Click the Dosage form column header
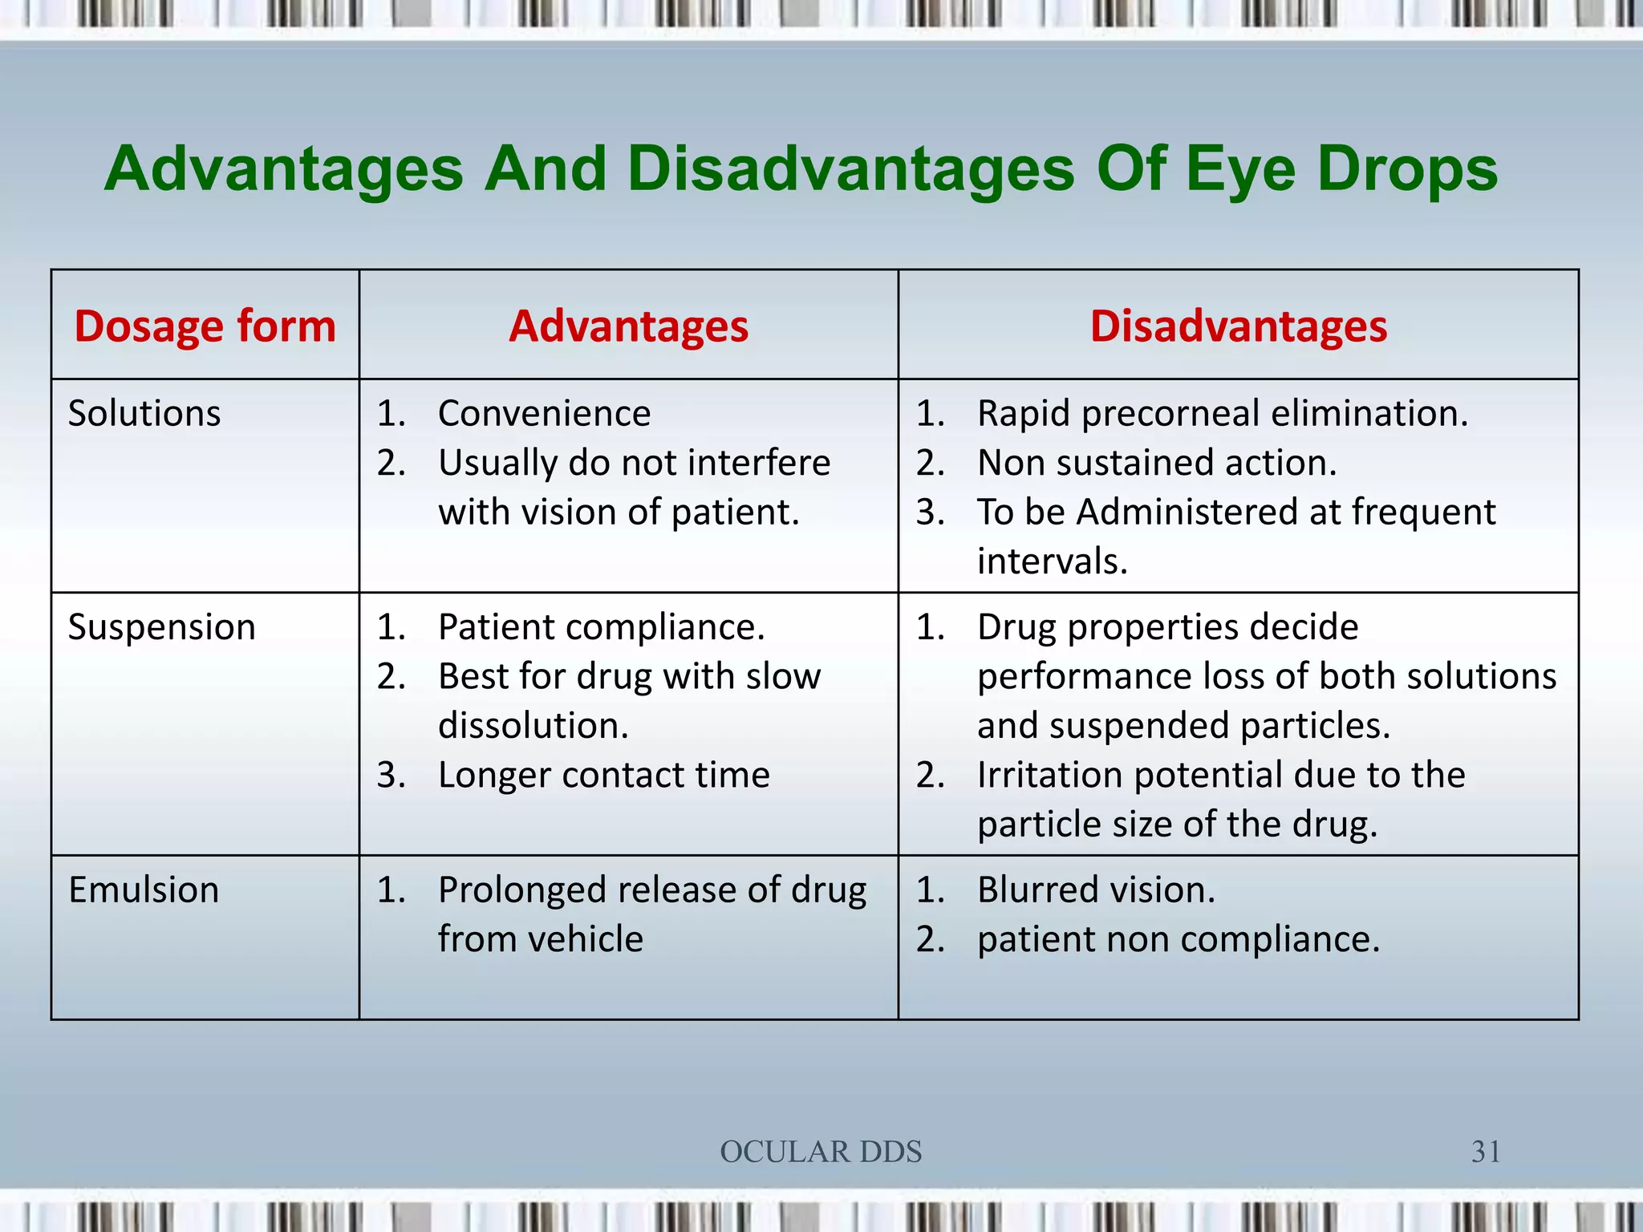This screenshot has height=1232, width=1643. coord(205,326)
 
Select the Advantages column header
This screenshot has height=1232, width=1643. coord(628,326)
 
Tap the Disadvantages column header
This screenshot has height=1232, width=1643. coord(1238,326)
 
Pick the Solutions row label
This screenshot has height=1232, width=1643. coord(144,414)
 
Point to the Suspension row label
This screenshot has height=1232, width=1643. coord(161,627)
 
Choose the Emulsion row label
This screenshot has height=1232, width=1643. coord(144,890)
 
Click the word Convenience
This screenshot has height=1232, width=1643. coord(544,414)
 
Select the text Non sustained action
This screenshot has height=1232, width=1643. coord(1156,464)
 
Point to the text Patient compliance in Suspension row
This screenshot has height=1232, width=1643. coord(601,627)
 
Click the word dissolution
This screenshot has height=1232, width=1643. coord(533,726)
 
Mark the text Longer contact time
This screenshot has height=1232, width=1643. coord(603,776)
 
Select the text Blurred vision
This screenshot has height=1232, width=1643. coord(1096,890)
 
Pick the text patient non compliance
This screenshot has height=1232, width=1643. coord(1178,939)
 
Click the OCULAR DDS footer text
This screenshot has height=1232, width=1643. coord(821,1152)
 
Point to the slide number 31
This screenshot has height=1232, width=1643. coord(1486,1152)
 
